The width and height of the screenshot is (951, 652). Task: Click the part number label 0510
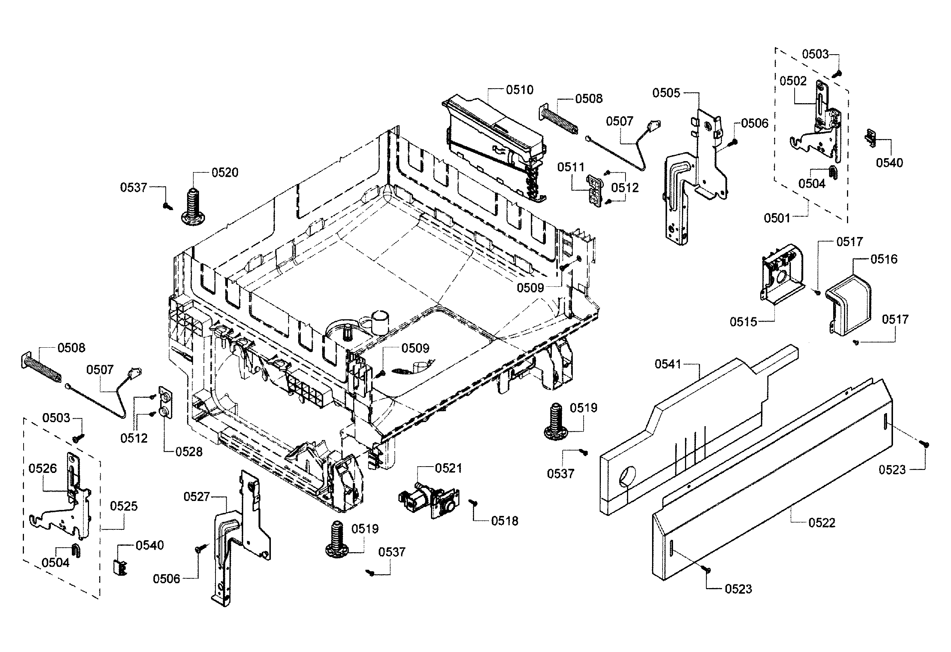click(x=519, y=90)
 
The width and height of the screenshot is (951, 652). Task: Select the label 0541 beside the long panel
click(x=668, y=364)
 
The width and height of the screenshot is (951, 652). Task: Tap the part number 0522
click(x=822, y=523)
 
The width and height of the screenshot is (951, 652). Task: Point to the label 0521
click(x=448, y=468)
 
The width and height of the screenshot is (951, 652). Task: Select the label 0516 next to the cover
click(x=884, y=259)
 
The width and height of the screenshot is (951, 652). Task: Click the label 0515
click(x=743, y=322)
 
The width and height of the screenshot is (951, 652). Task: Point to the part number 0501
click(x=777, y=218)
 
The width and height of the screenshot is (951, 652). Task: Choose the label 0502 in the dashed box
click(x=793, y=81)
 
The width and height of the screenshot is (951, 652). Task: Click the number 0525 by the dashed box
click(x=123, y=506)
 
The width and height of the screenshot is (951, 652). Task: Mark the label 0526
click(x=43, y=468)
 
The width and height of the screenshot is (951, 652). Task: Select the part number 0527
click(x=196, y=496)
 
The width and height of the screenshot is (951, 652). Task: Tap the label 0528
click(x=189, y=452)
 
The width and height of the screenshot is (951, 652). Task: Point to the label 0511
click(x=571, y=167)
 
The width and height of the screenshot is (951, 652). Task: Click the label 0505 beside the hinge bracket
click(x=666, y=93)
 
